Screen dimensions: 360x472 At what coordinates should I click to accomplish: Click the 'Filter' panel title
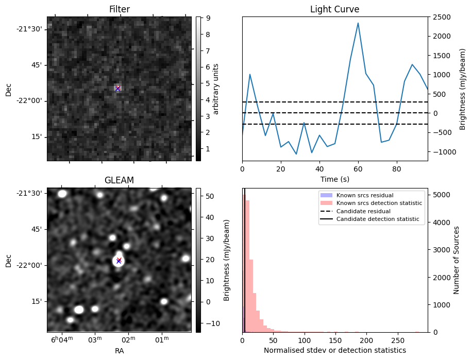coord(119,9)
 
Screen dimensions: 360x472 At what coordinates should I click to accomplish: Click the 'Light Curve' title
coord(334,9)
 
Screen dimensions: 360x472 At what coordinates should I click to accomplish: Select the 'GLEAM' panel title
coord(119,180)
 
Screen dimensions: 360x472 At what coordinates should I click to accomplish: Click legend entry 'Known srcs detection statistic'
coord(379,203)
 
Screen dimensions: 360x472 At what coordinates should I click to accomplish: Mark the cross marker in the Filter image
coord(117,88)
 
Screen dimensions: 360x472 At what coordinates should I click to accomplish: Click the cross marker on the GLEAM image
coord(119,261)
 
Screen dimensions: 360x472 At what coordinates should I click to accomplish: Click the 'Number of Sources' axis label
coord(457,260)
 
